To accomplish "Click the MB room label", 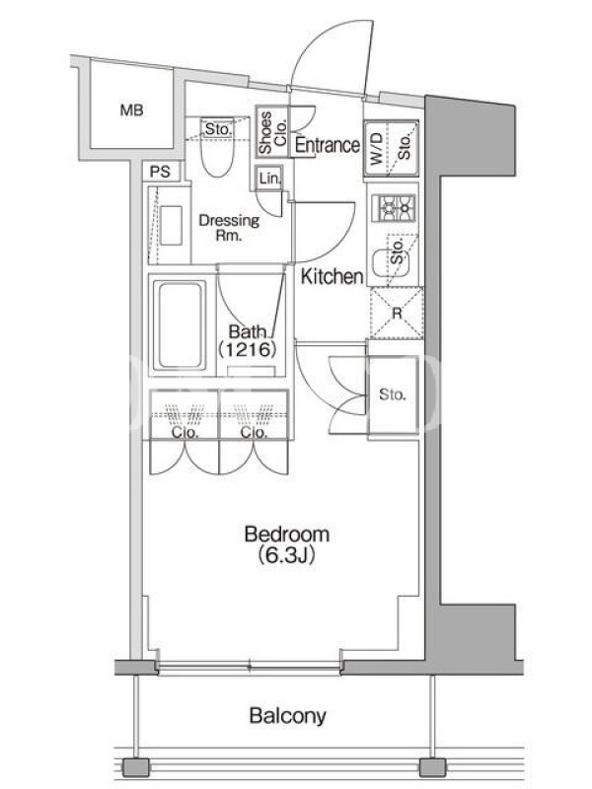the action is pyautogui.click(x=131, y=109).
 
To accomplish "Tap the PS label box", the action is pyautogui.click(x=160, y=172).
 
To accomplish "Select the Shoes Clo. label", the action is pyautogui.click(x=272, y=132).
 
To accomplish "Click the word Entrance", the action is pyautogui.click(x=328, y=145).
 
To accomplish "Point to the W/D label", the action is pyautogui.click(x=377, y=149).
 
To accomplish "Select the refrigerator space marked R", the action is pyautogui.click(x=397, y=313).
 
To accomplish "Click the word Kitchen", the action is pyautogui.click(x=332, y=276).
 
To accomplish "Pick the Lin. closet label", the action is pyautogui.click(x=269, y=179).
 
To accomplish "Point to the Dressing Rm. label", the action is pyautogui.click(x=229, y=228).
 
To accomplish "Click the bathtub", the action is pyautogui.click(x=180, y=325).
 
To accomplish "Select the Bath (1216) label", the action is pyautogui.click(x=248, y=340).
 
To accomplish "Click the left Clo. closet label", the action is pyautogui.click(x=185, y=433).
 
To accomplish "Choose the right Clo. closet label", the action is pyautogui.click(x=254, y=433).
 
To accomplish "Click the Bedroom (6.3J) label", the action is pyautogui.click(x=287, y=544).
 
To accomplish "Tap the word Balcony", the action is pyautogui.click(x=287, y=716).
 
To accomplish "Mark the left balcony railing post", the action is pyautogui.click(x=136, y=767).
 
